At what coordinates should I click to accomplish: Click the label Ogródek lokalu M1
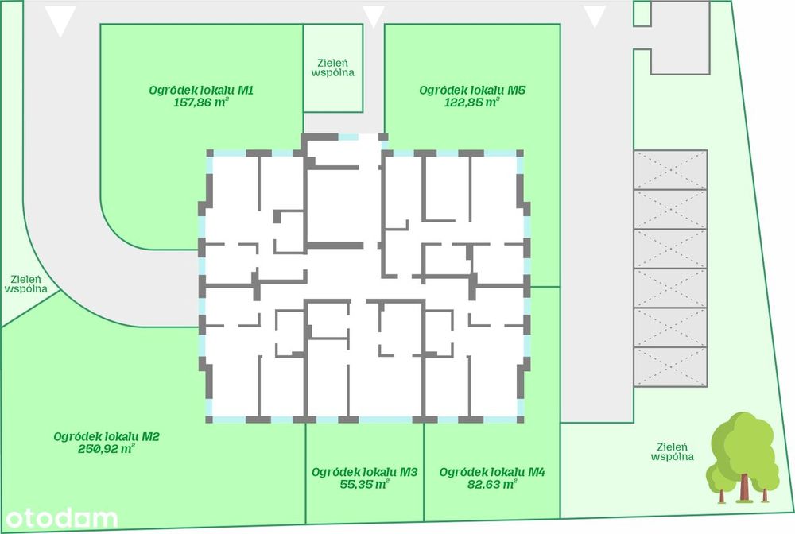[x=201, y=90]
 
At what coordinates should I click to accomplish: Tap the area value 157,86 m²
[x=201, y=103]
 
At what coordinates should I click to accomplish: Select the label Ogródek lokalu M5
[x=472, y=90]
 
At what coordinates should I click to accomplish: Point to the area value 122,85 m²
[x=472, y=103]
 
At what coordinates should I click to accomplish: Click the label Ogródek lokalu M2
[x=107, y=436]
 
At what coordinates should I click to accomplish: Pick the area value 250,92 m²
[x=107, y=449]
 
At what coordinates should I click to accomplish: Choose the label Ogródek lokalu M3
[x=365, y=472]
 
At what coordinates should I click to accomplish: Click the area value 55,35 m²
[x=365, y=485]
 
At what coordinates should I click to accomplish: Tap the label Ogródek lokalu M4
[x=492, y=472]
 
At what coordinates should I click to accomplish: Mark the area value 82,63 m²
[x=492, y=485]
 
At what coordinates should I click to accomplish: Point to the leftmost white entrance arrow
[x=60, y=21]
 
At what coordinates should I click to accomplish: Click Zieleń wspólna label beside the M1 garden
[x=333, y=68]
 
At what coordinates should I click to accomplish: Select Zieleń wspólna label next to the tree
[x=673, y=452]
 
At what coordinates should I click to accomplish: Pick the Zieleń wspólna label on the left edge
[x=26, y=284]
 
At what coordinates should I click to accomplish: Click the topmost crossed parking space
[x=670, y=170]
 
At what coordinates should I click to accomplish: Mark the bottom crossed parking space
[x=670, y=367]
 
